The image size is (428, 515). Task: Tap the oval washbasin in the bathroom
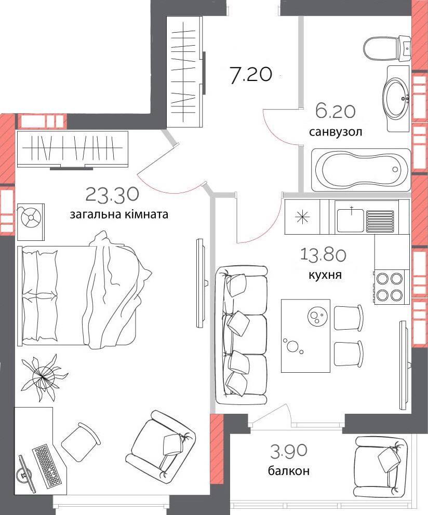point(396,98)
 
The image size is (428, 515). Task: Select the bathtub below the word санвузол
point(361,170)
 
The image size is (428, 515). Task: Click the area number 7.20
point(251,75)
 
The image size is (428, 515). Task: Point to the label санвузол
point(336,132)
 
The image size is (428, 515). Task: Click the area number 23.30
point(112,195)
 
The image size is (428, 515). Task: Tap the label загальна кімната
point(118,214)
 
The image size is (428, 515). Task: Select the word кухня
point(325,275)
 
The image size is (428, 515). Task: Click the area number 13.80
point(323,254)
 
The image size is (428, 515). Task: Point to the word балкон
point(289,471)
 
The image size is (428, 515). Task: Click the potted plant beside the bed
point(43,377)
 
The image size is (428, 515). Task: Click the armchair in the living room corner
point(161,444)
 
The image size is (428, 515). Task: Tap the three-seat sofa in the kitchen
point(241,335)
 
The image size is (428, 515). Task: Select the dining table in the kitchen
point(305,335)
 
